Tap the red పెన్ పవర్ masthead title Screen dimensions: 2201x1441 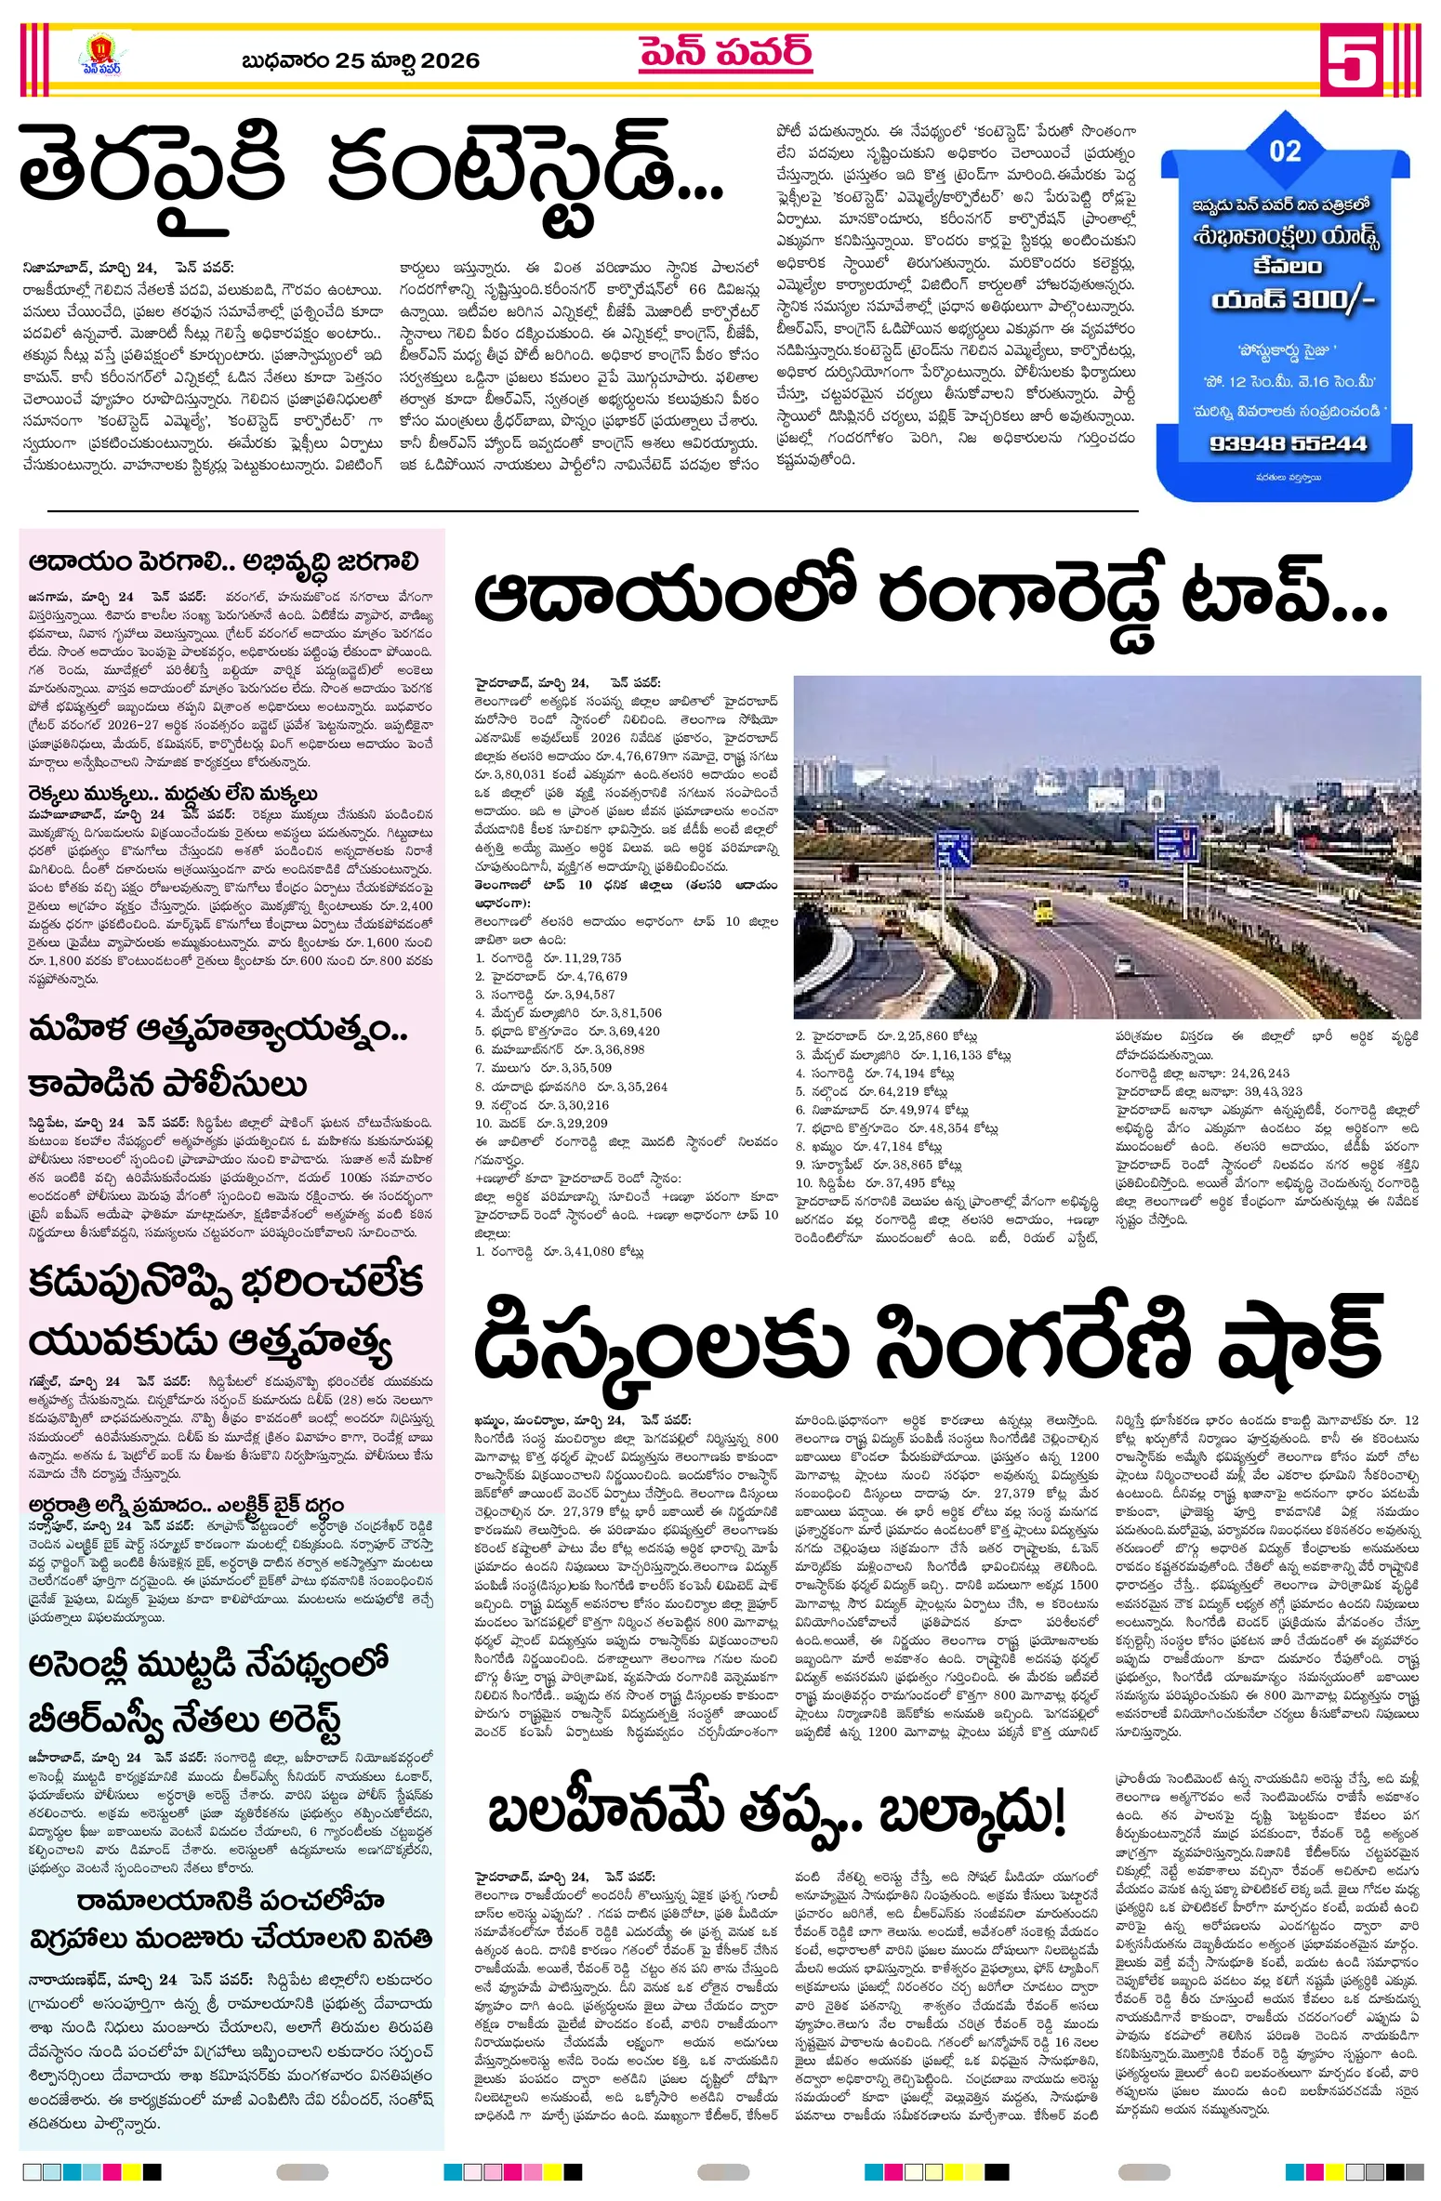[x=725, y=54]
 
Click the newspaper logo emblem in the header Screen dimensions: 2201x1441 [x=99, y=55]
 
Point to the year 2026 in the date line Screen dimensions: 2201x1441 [x=450, y=60]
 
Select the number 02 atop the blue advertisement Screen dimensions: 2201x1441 [x=1285, y=151]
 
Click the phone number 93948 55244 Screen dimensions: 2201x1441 [x=1288, y=443]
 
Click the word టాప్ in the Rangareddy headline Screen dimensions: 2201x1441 [x=1283, y=597]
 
